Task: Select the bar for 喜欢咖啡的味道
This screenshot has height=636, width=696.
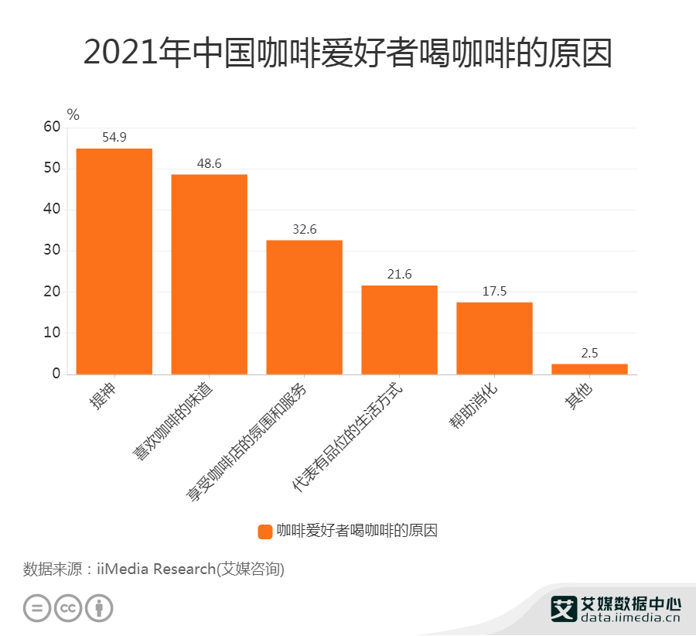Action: [209, 274]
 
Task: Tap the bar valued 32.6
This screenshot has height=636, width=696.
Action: [304, 307]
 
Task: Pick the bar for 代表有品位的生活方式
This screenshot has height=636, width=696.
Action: [399, 330]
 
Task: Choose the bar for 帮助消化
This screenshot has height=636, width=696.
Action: [494, 338]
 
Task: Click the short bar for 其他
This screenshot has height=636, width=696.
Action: [589, 369]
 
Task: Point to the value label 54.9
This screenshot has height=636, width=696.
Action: [114, 138]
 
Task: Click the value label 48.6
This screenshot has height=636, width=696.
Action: [209, 164]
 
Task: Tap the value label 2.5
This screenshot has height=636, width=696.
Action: [589, 353]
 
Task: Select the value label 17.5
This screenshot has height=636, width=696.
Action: [494, 292]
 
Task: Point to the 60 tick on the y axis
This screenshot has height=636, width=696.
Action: [52, 128]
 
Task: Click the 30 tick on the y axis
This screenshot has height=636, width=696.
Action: [52, 251]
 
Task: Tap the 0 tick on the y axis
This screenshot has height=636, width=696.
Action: [56, 374]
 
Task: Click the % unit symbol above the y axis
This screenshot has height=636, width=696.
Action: [73, 115]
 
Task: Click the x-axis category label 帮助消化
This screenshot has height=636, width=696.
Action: [477, 406]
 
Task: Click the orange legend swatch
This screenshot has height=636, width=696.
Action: [264, 531]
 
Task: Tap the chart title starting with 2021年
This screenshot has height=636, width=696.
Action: [347, 53]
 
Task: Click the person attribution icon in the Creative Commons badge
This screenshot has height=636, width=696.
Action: [99, 607]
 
